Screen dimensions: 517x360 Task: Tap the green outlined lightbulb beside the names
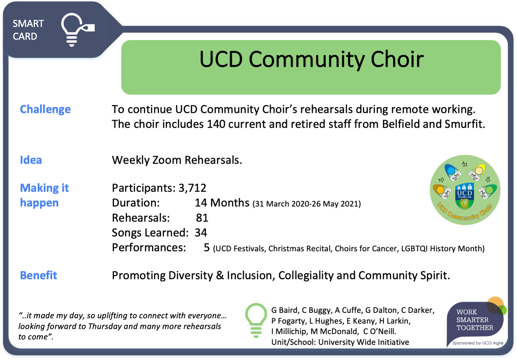pyautogui.click(x=256, y=320)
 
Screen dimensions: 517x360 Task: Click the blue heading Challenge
pyautogui.click(x=45, y=109)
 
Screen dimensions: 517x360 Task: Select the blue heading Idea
pyautogui.click(x=31, y=160)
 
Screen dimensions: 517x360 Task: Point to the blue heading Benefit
pyautogui.click(x=38, y=275)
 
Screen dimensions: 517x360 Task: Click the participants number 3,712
pyautogui.click(x=192, y=188)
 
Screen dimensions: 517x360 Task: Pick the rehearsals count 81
pyautogui.click(x=202, y=218)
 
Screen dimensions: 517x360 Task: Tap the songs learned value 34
pyautogui.click(x=201, y=233)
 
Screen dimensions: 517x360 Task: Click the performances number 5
pyautogui.click(x=206, y=248)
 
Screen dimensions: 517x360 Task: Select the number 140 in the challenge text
pyautogui.click(x=216, y=124)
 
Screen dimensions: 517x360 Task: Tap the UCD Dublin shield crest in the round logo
pyautogui.click(x=464, y=196)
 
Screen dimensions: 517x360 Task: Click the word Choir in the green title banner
pyautogui.click(x=397, y=59)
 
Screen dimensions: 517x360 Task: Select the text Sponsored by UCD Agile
pyautogui.click(x=478, y=343)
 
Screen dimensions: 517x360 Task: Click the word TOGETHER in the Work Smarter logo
pyautogui.click(x=475, y=327)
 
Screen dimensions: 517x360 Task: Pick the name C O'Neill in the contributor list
pyautogui.click(x=380, y=331)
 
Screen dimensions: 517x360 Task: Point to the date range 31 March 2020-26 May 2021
pyautogui.click(x=306, y=204)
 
